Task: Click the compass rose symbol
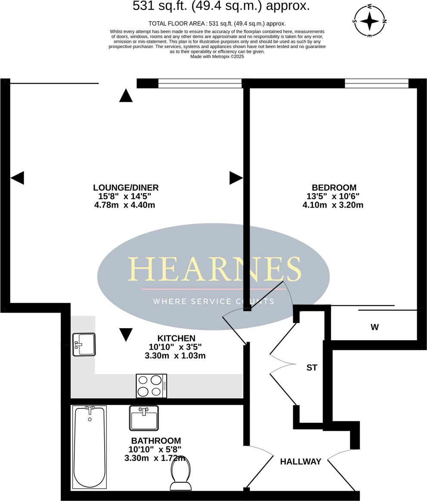370,21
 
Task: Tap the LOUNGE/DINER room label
126,187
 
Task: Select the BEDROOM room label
334,187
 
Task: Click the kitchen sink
84,344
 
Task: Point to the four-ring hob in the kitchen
151,386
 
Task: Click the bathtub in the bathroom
90,447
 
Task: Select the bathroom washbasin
144,418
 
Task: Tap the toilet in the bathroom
181,473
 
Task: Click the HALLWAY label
300,462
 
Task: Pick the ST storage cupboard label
312,368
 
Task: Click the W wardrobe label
374,327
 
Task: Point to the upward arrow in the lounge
126,96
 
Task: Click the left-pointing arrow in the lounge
17,178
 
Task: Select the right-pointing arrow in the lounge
235,178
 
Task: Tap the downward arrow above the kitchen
126,334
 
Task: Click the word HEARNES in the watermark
214,270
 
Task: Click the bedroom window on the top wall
376,83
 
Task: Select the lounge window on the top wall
200,83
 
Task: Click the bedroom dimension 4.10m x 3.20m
333,205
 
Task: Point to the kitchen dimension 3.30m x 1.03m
175,356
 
